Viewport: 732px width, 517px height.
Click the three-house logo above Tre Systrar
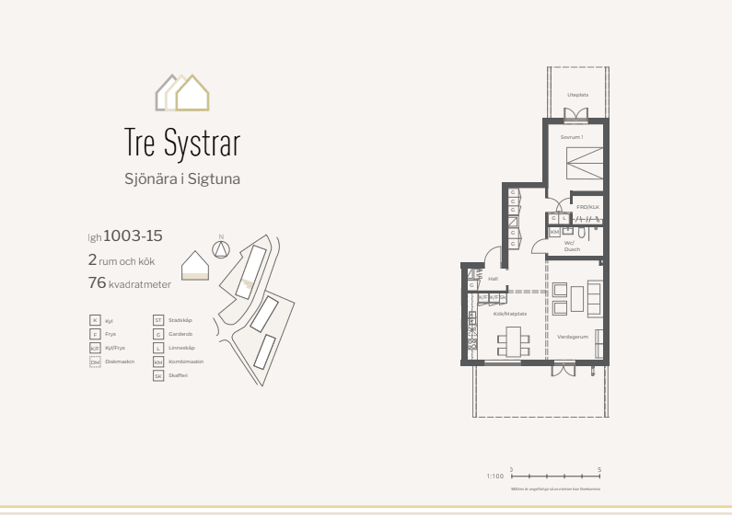(182, 93)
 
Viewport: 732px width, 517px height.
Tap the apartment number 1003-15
(134, 236)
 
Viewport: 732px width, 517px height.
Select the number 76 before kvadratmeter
(97, 283)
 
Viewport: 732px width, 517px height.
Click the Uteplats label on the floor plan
(577, 95)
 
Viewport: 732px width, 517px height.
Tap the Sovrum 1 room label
(572, 137)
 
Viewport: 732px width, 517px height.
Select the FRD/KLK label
(587, 207)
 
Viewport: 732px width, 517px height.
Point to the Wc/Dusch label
(572, 246)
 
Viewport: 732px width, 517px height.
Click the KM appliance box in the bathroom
(554, 231)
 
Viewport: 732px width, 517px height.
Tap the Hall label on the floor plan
(493, 278)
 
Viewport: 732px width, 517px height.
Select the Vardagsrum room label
(572, 337)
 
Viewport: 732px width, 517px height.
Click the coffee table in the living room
(576, 299)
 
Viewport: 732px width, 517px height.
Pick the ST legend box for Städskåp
(158, 320)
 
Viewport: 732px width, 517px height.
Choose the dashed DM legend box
(95, 362)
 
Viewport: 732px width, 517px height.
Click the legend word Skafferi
(178, 376)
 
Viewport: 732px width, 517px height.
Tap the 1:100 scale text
(494, 477)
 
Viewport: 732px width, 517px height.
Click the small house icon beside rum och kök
(195, 265)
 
